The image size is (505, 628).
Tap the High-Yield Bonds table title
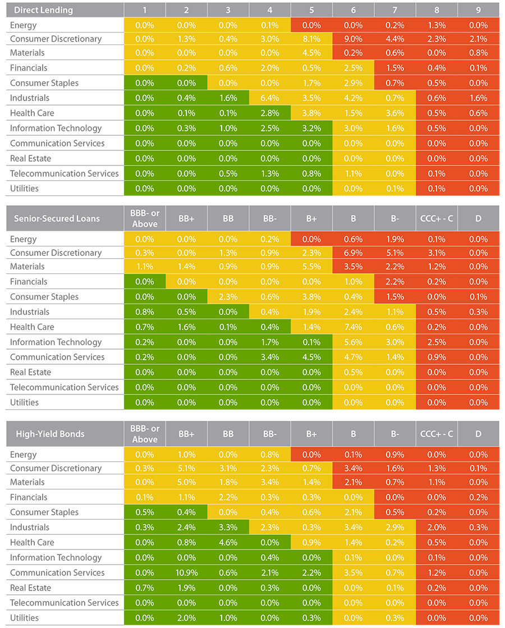pyautogui.click(x=50, y=433)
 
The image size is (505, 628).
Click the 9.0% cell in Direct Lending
pyautogui.click(x=353, y=39)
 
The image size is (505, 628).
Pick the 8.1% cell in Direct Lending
pyautogui.click(x=311, y=39)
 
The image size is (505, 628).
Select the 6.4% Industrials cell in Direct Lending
pyautogui.click(x=269, y=98)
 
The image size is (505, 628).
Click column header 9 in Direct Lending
pyautogui.click(x=478, y=10)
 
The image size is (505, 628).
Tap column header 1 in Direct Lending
pyautogui.click(x=144, y=10)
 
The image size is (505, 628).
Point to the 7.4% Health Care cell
pyautogui.click(x=353, y=327)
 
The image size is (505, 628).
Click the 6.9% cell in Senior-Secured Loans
pyautogui.click(x=353, y=253)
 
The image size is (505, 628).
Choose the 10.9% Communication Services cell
pyautogui.click(x=186, y=572)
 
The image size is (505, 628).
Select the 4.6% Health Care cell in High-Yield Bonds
pyautogui.click(x=228, y=542)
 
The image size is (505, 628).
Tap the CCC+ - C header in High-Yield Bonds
pyautogui.click(x=437, y=433)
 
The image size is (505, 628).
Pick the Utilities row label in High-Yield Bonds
pyautogui.click(x=25, y=617)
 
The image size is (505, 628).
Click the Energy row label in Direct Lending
pyautogui.click(x=24, y=25)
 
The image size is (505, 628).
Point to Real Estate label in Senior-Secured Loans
pyautogui.click(x=30, y=372)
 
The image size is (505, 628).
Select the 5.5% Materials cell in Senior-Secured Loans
pyautogui.click(x=311, y=266)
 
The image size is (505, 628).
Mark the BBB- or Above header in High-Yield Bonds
pyautogui.click(x=144, y=433)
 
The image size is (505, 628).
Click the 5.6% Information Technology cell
pyautogui.click(x=353, y=342)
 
